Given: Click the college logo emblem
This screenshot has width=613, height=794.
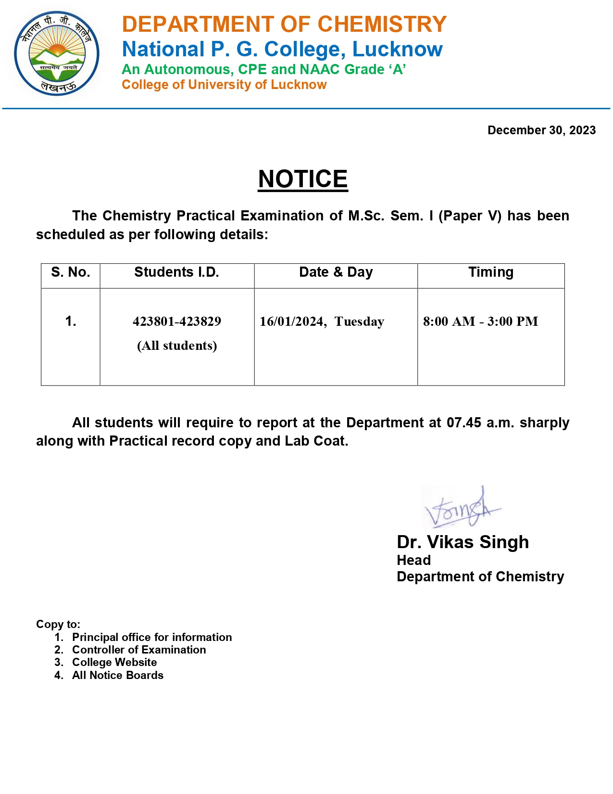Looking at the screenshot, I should (57, 53).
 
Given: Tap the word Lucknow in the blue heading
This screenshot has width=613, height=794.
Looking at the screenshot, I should (397, 49).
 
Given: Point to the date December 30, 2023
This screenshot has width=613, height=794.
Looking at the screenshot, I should (541, 130).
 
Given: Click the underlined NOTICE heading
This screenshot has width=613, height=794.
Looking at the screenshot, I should (303, 179).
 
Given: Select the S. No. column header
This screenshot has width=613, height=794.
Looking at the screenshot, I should (71, 272).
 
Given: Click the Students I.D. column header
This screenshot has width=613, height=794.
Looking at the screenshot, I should (176, 272).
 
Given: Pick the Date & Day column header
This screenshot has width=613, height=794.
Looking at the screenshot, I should (336, 272).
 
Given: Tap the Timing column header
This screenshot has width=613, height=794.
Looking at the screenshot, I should (491, 272).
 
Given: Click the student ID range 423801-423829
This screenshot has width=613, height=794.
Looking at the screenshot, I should (177, 321).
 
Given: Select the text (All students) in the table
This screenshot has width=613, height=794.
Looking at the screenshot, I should (177, 346).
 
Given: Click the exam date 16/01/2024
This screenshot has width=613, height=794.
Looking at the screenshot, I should (292, 321).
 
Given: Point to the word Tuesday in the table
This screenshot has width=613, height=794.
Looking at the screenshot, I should (359, 321).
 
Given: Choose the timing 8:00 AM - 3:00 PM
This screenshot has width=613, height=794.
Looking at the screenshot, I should (480, 321).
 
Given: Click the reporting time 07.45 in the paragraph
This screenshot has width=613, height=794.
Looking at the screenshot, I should (464, 423).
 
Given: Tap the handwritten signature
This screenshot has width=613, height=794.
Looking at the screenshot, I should (462, 508).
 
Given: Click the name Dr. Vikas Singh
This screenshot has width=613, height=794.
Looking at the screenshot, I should (463, 542).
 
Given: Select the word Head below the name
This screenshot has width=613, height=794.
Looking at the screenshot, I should (413, 560).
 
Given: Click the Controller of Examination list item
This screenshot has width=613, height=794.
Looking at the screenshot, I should (139, 650).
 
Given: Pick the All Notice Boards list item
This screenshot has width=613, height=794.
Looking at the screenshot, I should (118, 675).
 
